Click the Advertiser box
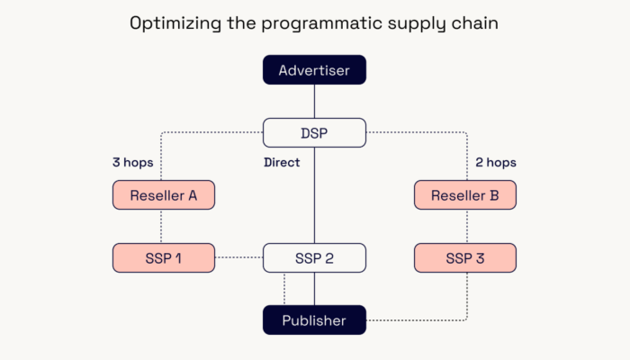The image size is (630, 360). (x=314, y=70)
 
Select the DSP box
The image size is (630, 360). (x=314, y=132)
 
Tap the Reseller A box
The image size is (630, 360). (x=164, y=195)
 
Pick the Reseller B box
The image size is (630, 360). (x=465, y=195)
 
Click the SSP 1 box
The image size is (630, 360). (x=164, y=257)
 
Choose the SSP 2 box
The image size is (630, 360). (x=314, y=257)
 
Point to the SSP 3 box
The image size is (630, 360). (x=465, y=257)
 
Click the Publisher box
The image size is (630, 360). (x=314, y=320)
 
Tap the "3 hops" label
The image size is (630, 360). (x=133, y=162)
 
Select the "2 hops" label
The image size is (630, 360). (x=496, y=162)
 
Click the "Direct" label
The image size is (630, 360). (x=282, y=162)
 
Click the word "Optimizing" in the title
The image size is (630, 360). (x=175, y=23)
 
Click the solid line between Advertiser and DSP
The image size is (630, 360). (x=314, y=101)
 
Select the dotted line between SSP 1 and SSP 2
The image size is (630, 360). (x=239, y=257)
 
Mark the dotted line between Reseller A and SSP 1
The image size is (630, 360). (x=161, y=226)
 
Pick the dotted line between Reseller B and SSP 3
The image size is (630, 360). (x=467, y=226)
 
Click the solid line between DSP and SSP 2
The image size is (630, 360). (x=314, y=195)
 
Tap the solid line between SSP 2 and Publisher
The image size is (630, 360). (x=314, y=289)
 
